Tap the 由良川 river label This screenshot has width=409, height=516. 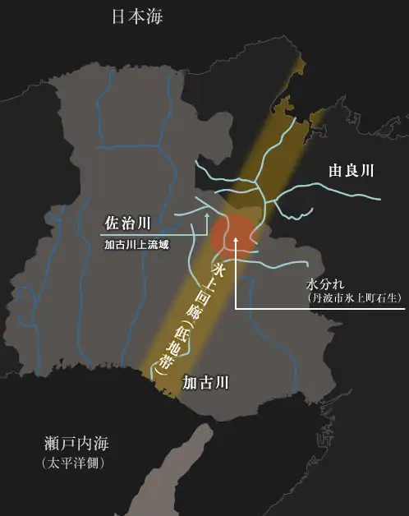coord(351,171)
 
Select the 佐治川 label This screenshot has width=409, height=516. coord(127,223)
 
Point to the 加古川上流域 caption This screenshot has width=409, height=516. coord(136,244)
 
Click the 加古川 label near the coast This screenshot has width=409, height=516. coord(204,382)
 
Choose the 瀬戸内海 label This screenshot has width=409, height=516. coord(76,445)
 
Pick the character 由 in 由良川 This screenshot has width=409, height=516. coord(335,171)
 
